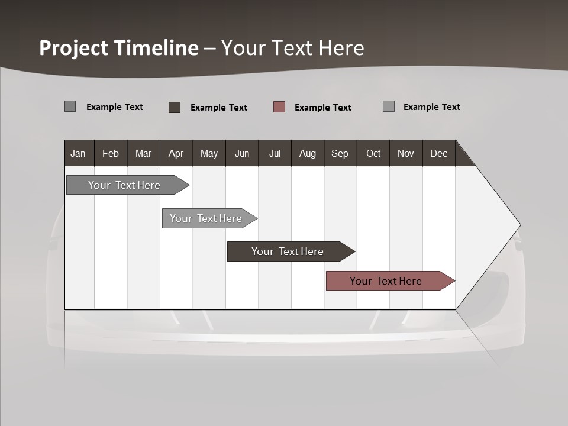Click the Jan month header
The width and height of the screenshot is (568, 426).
(78, 153)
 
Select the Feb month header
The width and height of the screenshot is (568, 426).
(111, 153)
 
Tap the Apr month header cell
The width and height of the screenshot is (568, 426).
(176, 153)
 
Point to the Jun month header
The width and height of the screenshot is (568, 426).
(242, 153)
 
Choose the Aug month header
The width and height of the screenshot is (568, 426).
(307, 153)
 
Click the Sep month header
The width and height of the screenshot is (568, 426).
(340, 153)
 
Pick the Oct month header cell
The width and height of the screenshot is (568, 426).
(373, 153)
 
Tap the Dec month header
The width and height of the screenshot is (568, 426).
(438, 153)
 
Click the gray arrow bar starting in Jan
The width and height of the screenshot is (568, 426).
(124, 185)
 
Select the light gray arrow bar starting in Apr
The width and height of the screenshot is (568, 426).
(206, 218)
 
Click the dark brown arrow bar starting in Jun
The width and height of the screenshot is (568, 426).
(288, 251)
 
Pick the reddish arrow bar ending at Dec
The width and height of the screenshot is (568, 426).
(386, 281)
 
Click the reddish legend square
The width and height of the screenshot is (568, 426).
(279, 107)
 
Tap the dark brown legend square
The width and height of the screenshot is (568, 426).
(175, 107)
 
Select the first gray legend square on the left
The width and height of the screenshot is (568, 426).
(70, 106)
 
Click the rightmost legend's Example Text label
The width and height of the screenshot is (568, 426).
(431, 107)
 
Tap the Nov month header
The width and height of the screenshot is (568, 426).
(406, 153)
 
